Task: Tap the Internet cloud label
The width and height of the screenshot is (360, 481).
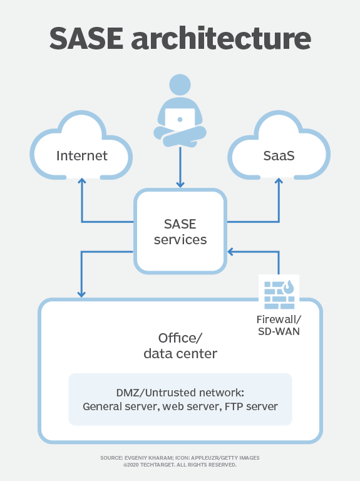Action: click(x=81, y=155)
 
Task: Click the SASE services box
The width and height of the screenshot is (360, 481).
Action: click(x=180, y=231)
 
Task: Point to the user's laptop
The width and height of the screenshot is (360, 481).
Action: click(x=180, y=119)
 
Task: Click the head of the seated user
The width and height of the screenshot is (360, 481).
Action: click(x=180, y=85)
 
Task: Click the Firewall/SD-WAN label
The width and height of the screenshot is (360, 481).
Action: click(x=279, y=325)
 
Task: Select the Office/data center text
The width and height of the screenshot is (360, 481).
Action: click(x=180, y=346)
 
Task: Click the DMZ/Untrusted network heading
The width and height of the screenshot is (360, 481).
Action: click(x=180, y=392)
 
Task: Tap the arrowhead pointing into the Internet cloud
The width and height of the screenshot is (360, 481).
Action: click(x=81, y=182)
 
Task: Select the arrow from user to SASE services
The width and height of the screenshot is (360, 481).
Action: click(x=180, y=166)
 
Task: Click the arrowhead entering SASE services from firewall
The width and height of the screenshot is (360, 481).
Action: click(x=230, y=252)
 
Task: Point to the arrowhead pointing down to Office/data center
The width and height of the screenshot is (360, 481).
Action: click(x=81, y=292)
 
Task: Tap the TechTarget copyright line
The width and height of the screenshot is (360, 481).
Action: click(x=180, y=465)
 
